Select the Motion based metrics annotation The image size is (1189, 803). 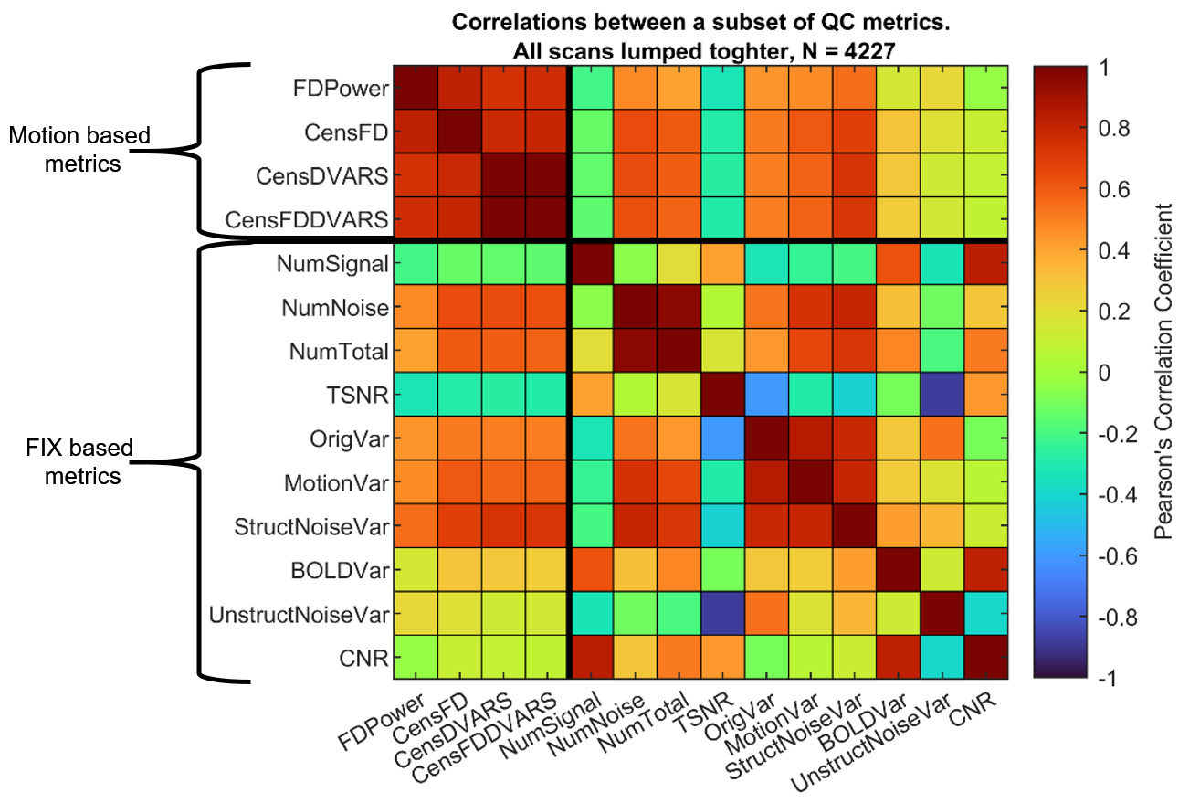coord(78,149)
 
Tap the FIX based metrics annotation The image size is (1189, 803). coord(78,461)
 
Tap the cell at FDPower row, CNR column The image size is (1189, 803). coord(986,89)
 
